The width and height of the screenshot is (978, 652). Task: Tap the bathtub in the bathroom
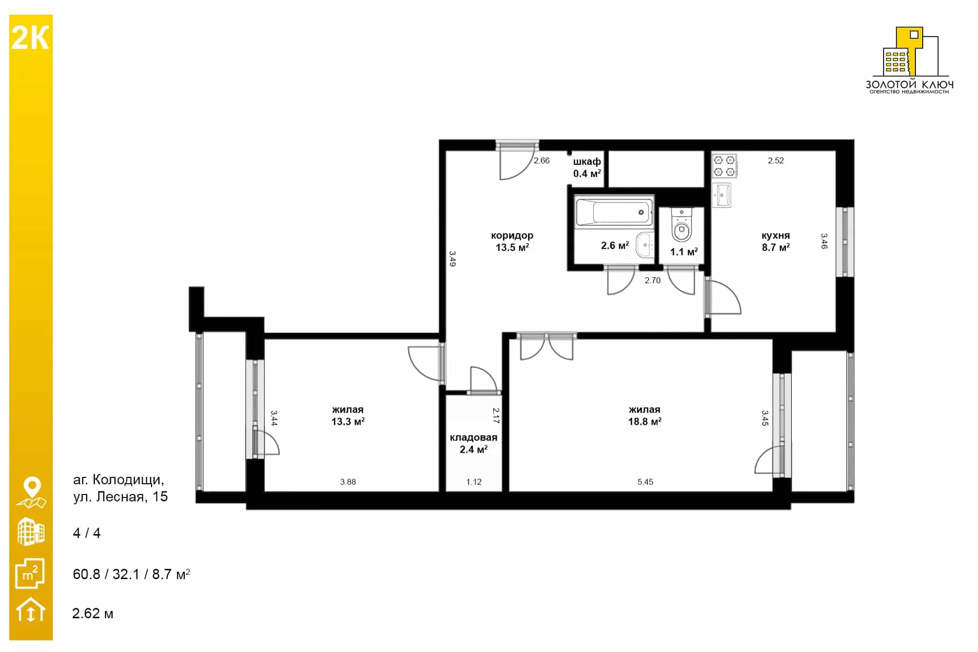[x=614, y=212]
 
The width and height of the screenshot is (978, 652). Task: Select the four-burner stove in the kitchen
[x=724, y=166]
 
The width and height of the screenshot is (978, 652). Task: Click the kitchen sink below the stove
[x=721, y=195]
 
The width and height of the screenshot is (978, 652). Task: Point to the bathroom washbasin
[x=645, y=245]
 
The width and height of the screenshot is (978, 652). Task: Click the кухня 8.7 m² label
[x=776, y=242]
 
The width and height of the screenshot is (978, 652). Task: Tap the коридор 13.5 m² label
[x=512, y=242]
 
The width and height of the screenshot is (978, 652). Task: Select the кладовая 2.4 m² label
[x=473, y=444]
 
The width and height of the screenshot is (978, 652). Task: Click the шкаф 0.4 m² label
[x=587, y=167]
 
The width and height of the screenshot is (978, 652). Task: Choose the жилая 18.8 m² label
[x=645, y=416]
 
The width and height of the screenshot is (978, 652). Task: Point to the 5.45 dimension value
[x=645, y=482]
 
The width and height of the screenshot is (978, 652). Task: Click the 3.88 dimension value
[x=348, y=482]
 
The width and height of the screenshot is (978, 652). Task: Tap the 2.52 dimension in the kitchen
[x=776, y=160]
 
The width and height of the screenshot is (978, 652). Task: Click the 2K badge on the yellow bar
[x=30, y=38]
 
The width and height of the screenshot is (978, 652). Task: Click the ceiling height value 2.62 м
[x=92, y=613]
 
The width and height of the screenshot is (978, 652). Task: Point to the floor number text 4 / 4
[x=87, y=533]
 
